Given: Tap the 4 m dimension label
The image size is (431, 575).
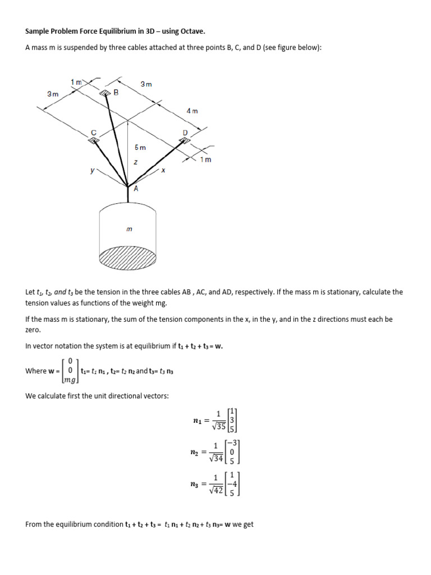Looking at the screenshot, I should tap(192, 111).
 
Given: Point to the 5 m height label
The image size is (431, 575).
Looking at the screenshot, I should tap(140, 148).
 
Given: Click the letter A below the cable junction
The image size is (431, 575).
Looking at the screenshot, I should tap(135, 189).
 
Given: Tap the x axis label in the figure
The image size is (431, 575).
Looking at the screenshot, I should tap(163, 170).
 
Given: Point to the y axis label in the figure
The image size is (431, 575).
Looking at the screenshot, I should tap(92, 170).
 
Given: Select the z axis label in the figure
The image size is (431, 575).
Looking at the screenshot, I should tap(135, 162).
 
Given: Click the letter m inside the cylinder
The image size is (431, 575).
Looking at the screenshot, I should tap(129, 229).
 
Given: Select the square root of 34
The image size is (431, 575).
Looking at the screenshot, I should tap(216, 458).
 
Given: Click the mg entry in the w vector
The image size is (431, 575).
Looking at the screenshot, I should tap(70, 380).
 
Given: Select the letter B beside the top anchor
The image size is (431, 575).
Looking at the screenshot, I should tap(116, 93).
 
